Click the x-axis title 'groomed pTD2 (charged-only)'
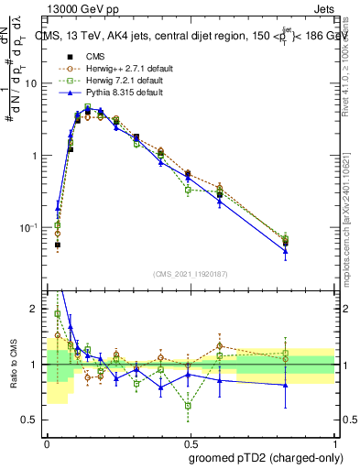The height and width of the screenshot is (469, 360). (265, 458)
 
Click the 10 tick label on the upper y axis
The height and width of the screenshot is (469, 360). (32, 83)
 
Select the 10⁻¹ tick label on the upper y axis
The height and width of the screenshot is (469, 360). (30, 227)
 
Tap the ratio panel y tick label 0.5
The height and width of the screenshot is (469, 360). (32, 420)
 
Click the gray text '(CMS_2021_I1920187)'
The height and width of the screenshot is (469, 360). (190, 274)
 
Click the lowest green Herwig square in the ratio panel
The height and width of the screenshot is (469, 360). (188, 405)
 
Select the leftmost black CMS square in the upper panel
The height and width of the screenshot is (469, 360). (58, 245)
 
